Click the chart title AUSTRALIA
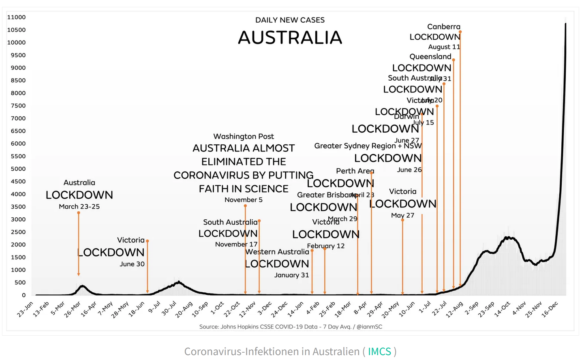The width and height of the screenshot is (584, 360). point(290,38)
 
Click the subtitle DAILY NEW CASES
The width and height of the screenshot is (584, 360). point(290,20)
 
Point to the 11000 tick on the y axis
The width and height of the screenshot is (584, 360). point(16,17)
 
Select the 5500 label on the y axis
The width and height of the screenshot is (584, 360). point(18,156)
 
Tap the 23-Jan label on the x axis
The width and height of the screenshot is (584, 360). point(25,309)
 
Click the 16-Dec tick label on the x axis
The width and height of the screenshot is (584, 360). point(550,309)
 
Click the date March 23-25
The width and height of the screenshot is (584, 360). point(79,206)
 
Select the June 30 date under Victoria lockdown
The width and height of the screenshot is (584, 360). point(132,264)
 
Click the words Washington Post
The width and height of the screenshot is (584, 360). point(244,136)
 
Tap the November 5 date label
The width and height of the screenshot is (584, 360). point(244,199)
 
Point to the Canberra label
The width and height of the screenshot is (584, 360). point(443,27)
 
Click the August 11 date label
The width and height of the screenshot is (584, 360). point(444,47)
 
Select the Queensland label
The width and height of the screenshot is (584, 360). point(430,56)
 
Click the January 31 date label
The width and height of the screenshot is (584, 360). point(291,275)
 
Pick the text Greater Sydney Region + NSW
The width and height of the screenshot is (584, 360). point(368,146)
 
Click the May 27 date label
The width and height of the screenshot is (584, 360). point(402,215)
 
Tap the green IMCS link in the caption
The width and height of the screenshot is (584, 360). point(379,351)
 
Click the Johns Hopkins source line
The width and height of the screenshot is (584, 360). point(290,326)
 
